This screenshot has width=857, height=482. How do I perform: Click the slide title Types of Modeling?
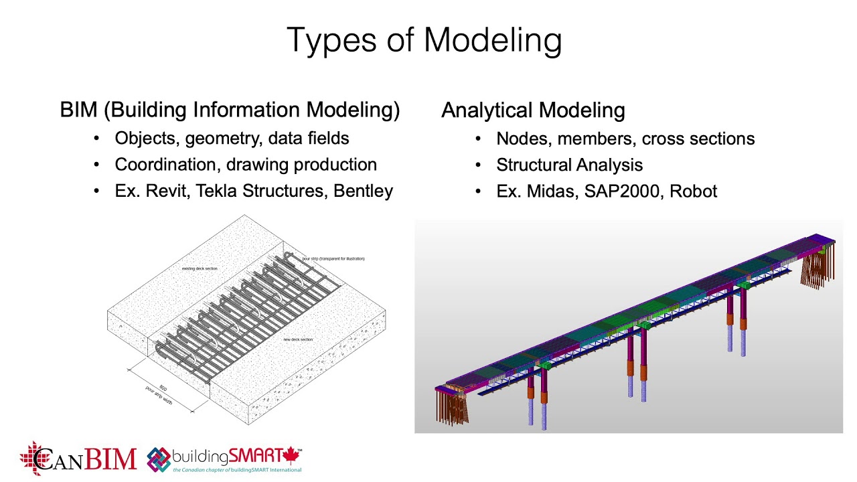click(x=424, y=40)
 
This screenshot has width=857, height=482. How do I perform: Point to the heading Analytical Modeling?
click(x=533, y=110)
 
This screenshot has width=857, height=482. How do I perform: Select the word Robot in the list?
click(x=693, y=191)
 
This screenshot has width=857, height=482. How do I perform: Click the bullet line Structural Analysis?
click(x=569, y=165)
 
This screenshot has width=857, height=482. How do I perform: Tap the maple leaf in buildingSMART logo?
click(x=290, y=456)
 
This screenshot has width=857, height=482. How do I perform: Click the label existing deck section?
click(x=200, y=268)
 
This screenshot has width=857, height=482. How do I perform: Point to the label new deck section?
click(x=298, y=339)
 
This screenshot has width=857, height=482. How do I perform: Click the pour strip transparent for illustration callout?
click(x=333, y=258)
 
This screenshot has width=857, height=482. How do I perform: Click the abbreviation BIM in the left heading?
click(x=78, y=110)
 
